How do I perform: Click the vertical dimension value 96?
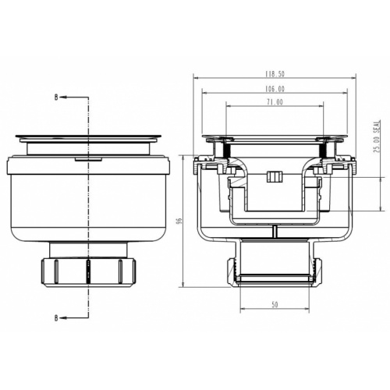click(x=179, y=221)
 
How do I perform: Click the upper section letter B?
click(x=55, y=97)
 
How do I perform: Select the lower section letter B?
click(x=55, y=317)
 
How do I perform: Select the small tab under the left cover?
click(x=88, y=158)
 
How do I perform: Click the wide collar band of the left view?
click(x=88, y=166)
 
